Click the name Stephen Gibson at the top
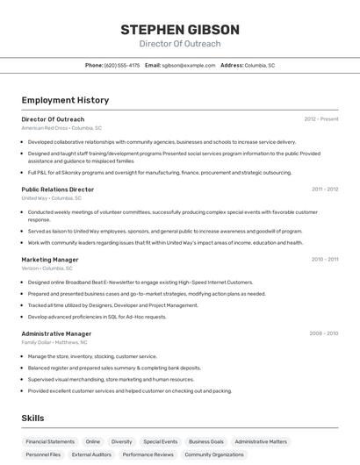tap(180, 29)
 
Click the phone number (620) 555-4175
tap(122, 65)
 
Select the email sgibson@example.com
tap(187, 65)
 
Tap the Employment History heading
tap(65, 100)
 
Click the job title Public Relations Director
tap(57, 189)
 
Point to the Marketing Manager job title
tap(50, 260)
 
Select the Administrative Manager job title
tap(56, 333)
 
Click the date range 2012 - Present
tap(320, 118)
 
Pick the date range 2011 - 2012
tap(324, 189)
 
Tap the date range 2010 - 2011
tap(324, 260)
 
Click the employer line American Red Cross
tap(61, 127)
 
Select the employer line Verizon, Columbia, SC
tap(53, 268)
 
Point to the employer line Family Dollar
tap(58, 342)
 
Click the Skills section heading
tap(32, 418)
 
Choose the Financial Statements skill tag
tap(50, 441)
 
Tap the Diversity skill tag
tap(121, 441)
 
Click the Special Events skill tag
tap(160, 441)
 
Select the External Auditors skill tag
tap(91, 454)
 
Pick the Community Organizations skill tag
tap(214, 454)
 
